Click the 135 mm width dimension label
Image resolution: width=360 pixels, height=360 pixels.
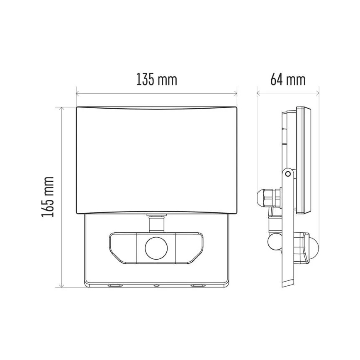tap(156, 79)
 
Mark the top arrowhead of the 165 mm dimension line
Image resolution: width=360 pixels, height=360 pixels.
tap(61, 109)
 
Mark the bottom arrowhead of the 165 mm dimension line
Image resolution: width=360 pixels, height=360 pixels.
tap(61, 285)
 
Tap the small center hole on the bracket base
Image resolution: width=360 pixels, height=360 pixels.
tap(156, 286)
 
